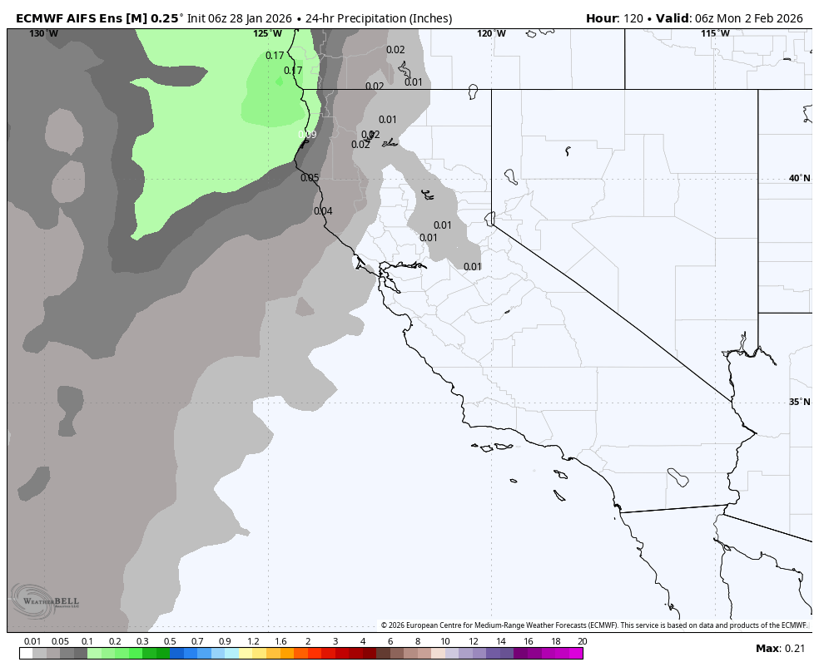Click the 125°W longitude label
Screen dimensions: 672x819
click(x=267, y=34)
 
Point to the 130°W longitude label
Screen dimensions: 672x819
click(x=43, y=34)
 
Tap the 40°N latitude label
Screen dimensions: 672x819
click(x=799, y=178)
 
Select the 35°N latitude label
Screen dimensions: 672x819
click(x=799, y=402)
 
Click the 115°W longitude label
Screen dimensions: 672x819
click(x=714, y=34)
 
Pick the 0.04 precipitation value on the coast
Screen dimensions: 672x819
click(x=323, y=211)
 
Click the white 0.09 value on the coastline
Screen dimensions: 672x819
click(x=307, y=135)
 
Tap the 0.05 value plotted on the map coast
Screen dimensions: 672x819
click(x=310, y=178)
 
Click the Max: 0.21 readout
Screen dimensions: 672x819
click(x=781, y=649)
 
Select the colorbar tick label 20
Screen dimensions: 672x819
click(x=582, y=641)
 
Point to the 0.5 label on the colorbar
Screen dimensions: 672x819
click(x=170, y=641)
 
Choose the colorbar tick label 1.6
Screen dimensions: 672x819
click(x=280, y=641)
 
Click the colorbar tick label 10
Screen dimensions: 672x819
click(x=445, y=641)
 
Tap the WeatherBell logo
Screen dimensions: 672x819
click(x=46, y=600)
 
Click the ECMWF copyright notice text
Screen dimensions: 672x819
click(x=593, y=625)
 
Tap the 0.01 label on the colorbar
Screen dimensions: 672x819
click(x=32, y=641)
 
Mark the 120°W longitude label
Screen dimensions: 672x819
click(x=491, y=34)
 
